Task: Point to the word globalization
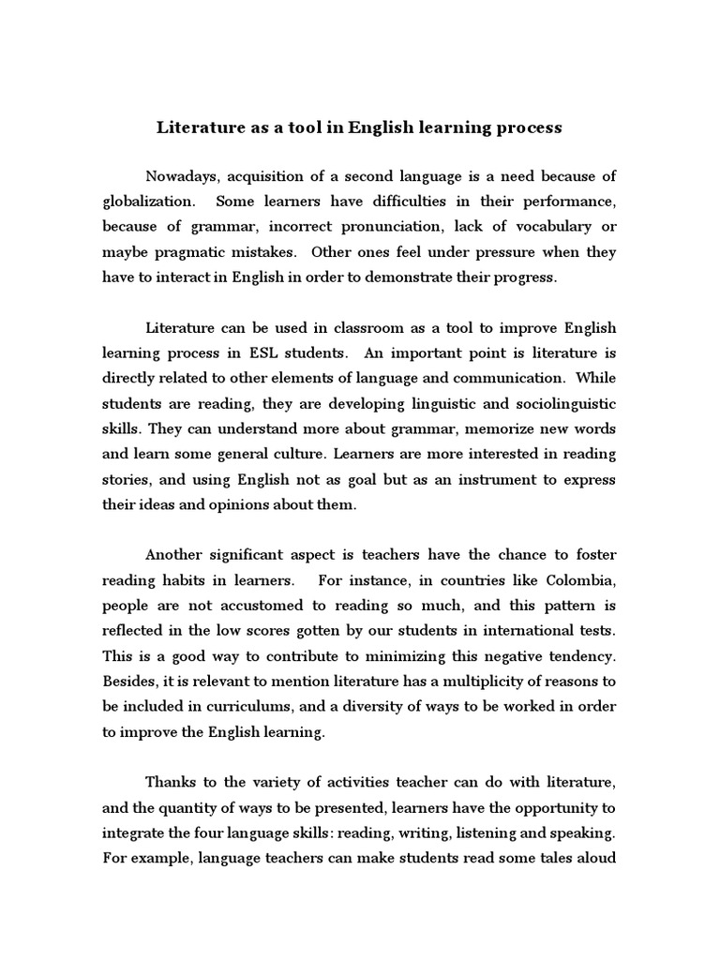point(149,202)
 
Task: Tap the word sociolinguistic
point(552,404)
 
